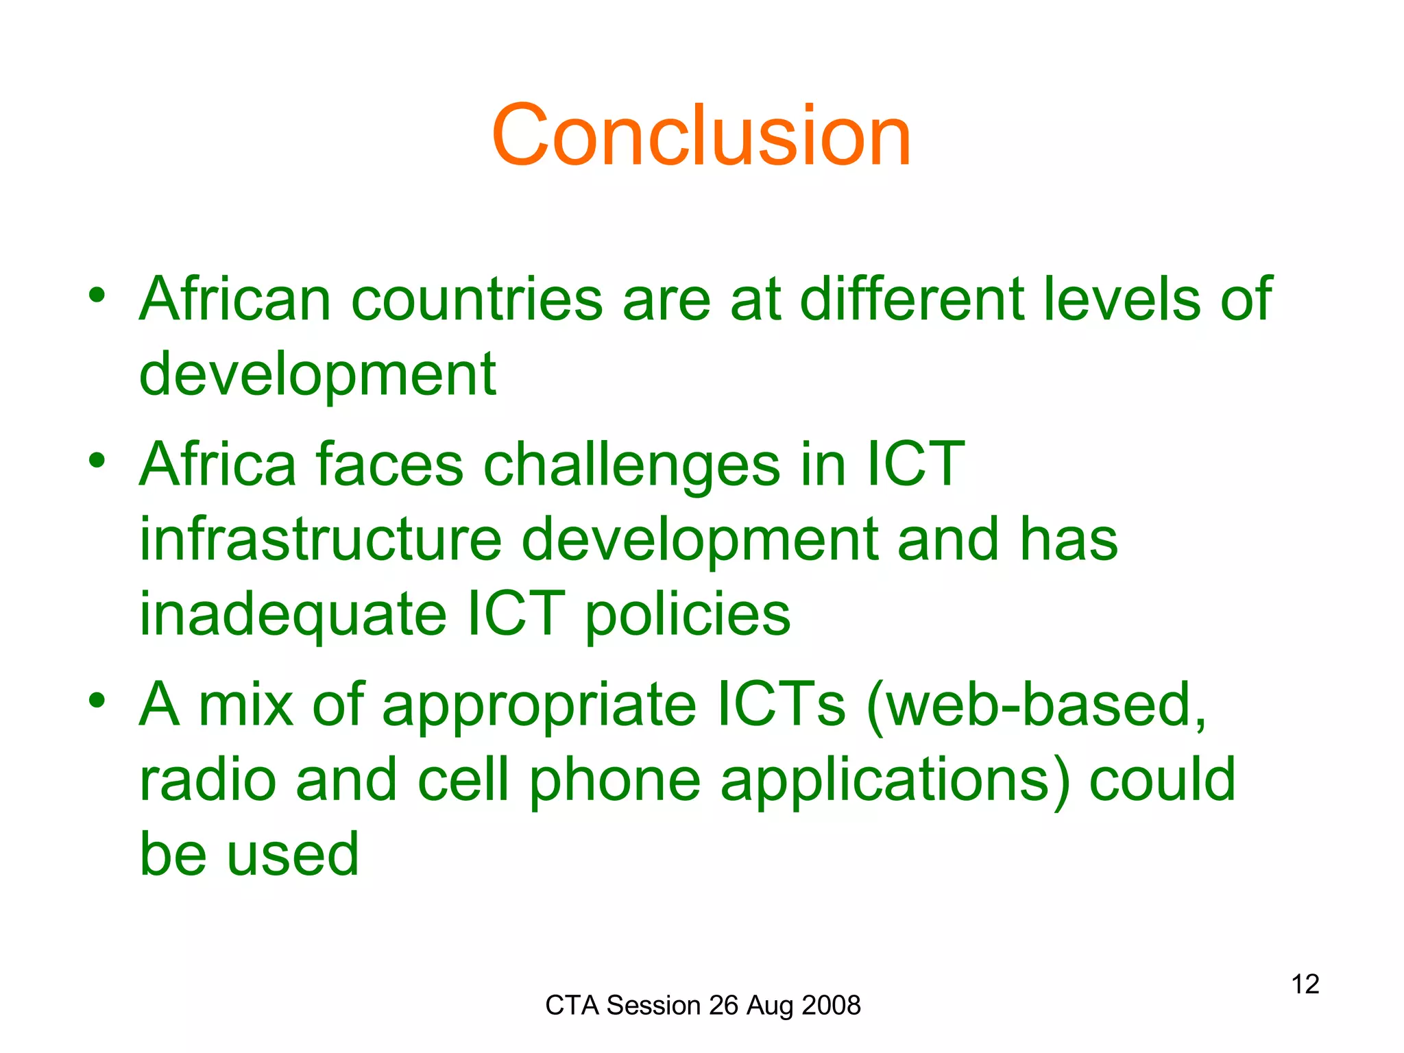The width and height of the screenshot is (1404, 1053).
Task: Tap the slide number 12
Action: (1305, 984)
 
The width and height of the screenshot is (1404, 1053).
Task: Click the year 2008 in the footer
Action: (831, 1006)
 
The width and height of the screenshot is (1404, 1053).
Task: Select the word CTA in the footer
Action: (572, 1006)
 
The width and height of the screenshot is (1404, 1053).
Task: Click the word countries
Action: (476, 299)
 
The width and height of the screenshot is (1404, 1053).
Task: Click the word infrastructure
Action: (321, 540)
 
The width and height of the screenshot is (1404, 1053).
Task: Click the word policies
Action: (688, 615)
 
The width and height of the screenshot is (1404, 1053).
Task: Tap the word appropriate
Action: (539, 706)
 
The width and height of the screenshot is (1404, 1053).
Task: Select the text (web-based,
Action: (1036, 706)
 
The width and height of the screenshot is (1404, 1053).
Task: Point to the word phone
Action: (615, 782)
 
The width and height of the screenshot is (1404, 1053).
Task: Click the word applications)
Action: (895, 782)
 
